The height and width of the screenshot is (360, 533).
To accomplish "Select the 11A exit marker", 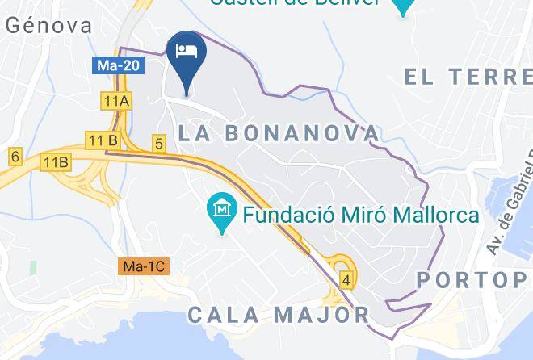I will click(116, 100).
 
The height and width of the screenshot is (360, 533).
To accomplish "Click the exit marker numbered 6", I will click(15, 156).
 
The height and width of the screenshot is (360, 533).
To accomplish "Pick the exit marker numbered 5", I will click(159, 144).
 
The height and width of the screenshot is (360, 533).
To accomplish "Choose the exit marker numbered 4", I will click(346, 281).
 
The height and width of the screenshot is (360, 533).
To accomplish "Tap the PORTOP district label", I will click(472, 280).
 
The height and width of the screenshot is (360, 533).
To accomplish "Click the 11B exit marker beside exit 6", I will click(57, 161).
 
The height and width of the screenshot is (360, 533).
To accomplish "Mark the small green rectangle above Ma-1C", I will click(33, 266).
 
